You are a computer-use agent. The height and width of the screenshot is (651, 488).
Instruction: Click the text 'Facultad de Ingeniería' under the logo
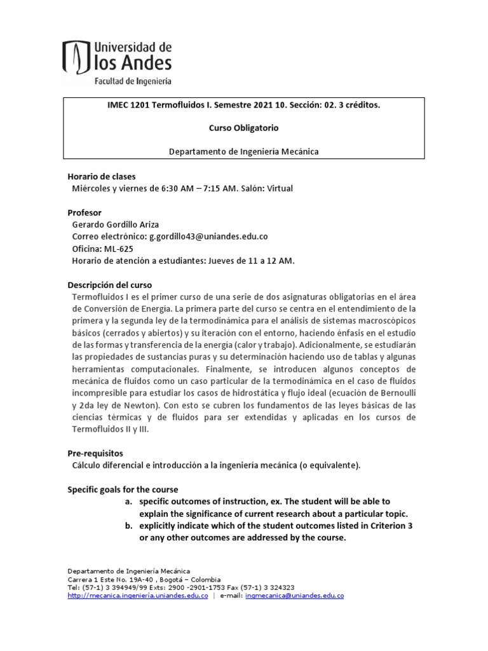[x=132, y=81]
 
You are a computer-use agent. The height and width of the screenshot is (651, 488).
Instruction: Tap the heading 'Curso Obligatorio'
[x=243, y=128]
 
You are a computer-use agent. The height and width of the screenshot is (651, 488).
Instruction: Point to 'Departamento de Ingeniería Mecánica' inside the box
[x=243, y=151]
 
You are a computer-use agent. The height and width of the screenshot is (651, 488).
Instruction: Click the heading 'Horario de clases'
[x=102, y=176]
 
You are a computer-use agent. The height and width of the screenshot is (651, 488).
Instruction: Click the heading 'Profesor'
[x=85, y=212]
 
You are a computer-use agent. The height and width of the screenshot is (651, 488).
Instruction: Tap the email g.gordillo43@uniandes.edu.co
[x=208, y=236]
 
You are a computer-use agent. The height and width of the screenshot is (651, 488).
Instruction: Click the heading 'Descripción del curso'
[x=110, y=284]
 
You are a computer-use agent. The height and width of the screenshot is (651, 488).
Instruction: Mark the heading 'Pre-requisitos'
[x=95, y=453]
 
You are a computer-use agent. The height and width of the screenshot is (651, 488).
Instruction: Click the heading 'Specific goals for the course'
[x=123, y=490]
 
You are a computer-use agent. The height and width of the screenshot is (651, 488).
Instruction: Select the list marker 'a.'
[x=128, y=502]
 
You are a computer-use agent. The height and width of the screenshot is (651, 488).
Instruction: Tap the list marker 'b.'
[x=128, y=525]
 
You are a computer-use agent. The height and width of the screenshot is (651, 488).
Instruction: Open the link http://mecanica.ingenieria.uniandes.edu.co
[x=138, y=596]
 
